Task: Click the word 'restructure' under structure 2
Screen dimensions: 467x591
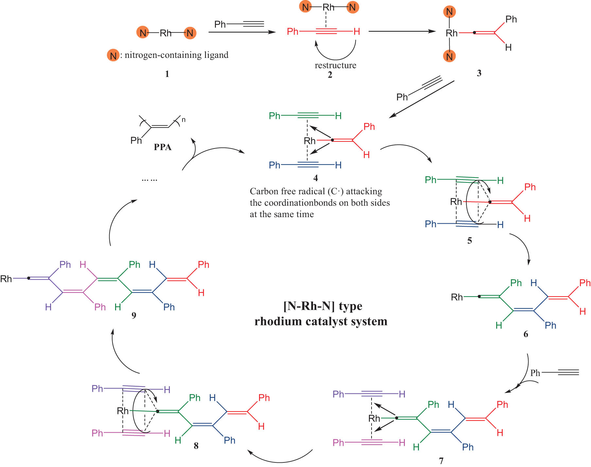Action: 335,65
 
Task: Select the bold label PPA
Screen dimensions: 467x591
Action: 163,147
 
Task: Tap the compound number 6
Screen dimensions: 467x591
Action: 526,334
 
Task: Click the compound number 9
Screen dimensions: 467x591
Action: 134,315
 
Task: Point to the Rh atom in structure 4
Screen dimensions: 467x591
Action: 309,141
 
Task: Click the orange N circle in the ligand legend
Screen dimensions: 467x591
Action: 113,56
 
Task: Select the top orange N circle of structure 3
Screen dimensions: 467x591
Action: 449,12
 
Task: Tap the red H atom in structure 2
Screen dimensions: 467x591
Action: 356,31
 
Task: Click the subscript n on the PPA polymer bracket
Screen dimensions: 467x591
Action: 183,120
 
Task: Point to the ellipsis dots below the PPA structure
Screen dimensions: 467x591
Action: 149,180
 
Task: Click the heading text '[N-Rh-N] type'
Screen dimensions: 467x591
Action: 323,306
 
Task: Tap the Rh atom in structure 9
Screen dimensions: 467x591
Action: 6,279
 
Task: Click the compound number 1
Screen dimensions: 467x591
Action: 167,74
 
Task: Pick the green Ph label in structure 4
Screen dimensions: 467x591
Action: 274,116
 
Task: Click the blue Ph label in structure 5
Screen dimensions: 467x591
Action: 430,224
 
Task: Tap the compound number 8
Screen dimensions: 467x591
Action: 196,446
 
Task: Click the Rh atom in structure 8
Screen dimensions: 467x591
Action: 123,411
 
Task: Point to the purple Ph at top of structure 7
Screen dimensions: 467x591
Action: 338,394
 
